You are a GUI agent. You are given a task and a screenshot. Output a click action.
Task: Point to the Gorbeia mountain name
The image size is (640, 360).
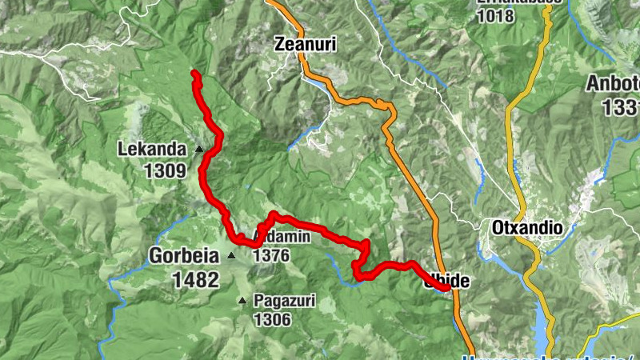(x=184, y=256)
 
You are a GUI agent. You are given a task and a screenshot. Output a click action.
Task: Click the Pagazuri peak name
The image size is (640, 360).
(x=284, y=302)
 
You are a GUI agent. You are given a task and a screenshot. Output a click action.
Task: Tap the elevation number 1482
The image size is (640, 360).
(x=194, y=279)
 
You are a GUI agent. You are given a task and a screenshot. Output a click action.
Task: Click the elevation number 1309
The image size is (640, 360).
(x=166, y=170)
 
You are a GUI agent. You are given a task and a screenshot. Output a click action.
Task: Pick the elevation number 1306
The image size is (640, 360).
(x=271, y=320)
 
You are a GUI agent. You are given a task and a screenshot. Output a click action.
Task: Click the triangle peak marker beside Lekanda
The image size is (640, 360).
(x=199, y=148)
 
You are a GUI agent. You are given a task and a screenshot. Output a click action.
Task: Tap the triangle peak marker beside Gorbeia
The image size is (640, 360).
(x=231, y=256)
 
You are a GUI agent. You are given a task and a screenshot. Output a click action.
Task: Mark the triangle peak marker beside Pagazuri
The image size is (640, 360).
(x=242, y=301)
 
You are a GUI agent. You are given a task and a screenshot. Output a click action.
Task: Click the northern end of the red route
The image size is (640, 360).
(x=194, y=74)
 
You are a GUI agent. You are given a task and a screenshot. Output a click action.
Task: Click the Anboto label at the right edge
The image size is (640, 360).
(x=614, y=84)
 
